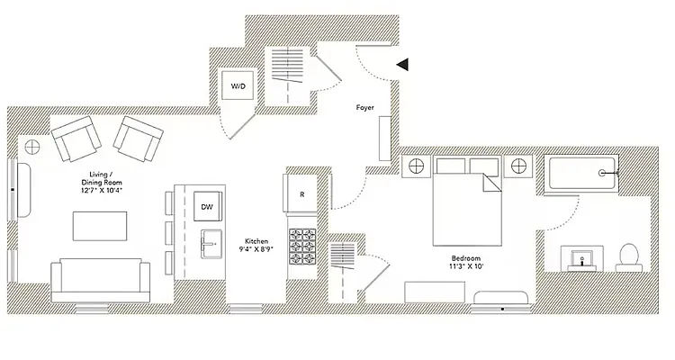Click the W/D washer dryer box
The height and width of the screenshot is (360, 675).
pyautogui.click(x=238, y=87)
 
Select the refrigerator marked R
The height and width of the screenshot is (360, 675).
pyautogui.click(x=302, y=193)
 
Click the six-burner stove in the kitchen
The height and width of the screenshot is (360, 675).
pyautogui.click(x=303, y=244)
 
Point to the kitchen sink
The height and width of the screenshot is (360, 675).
pyautogui.click(x=212, y=244)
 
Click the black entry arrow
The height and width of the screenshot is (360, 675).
pyautogui.click(x=403, y=64)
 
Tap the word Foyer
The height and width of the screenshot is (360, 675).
pyautogui.click(x=365, y=108)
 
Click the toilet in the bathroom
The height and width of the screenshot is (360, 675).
pyautogui.click(x=629, y=256)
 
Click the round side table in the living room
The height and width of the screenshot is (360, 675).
pyautogui.click(x=32, y=147)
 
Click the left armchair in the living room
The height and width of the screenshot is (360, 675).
pyautogui.click(x=74, y=141)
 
